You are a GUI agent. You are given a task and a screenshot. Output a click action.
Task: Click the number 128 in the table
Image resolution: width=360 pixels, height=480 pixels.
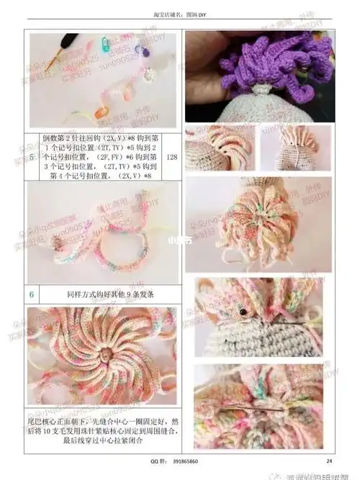coord(171,157)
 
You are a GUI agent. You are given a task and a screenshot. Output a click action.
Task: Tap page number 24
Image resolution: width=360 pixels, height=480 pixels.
coord(329,461)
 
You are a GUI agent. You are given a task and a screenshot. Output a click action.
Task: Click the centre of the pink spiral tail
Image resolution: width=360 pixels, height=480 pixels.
coord(105,355)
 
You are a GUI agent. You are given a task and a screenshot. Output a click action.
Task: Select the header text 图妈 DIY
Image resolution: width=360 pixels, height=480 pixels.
coord(198,15)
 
